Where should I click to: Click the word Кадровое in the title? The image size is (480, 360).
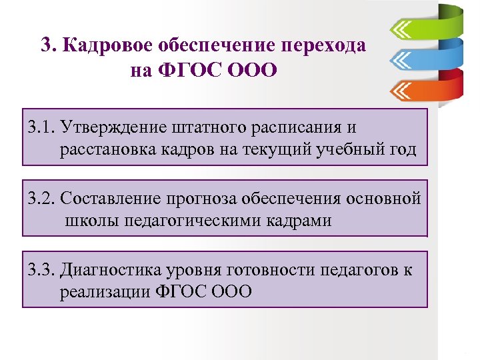[x=105, y=46]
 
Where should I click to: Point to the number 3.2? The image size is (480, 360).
[x=41, y=198]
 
